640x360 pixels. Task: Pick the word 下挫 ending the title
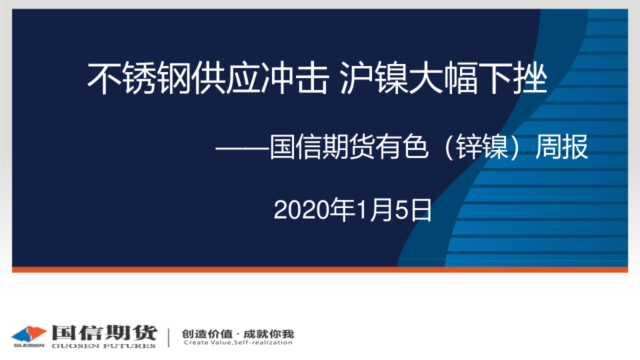513,78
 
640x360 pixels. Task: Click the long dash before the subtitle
242,148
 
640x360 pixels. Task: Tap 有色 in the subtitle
401,147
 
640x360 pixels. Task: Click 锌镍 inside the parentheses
481,147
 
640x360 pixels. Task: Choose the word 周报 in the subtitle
562,147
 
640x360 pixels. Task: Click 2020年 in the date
314,210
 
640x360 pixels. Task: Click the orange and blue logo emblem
29,334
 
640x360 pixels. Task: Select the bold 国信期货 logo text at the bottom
104,333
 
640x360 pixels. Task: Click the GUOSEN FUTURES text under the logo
104,346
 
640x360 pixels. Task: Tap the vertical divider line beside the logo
169,337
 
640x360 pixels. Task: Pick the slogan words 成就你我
269,334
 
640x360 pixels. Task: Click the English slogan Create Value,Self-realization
238,343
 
